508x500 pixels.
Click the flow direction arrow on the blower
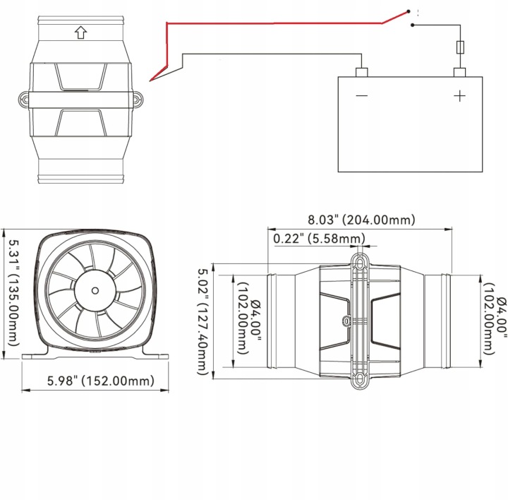(x=80, y=32)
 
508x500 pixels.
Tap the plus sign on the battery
(x=459, y=96)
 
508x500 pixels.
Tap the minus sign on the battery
(x=361, y=95)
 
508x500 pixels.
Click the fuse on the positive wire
(x=460, y=47)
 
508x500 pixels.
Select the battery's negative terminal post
(x=361, y=73)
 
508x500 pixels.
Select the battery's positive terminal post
(x=459, y=73)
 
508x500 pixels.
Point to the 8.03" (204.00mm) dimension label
(x=361, y=220)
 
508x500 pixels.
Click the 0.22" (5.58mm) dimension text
(x=320, y=239)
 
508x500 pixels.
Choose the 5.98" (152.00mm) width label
(x=101, y=381)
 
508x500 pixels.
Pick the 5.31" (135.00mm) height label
(x=13, y=293)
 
